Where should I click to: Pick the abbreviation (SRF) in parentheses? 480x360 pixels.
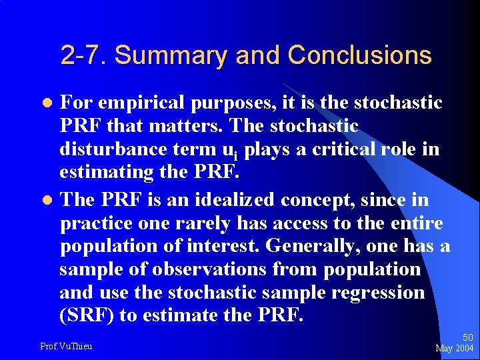(x=86, y=315)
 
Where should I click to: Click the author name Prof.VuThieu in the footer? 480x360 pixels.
(x=66, y=345)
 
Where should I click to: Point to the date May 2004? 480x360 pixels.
(x=454, y=348)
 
